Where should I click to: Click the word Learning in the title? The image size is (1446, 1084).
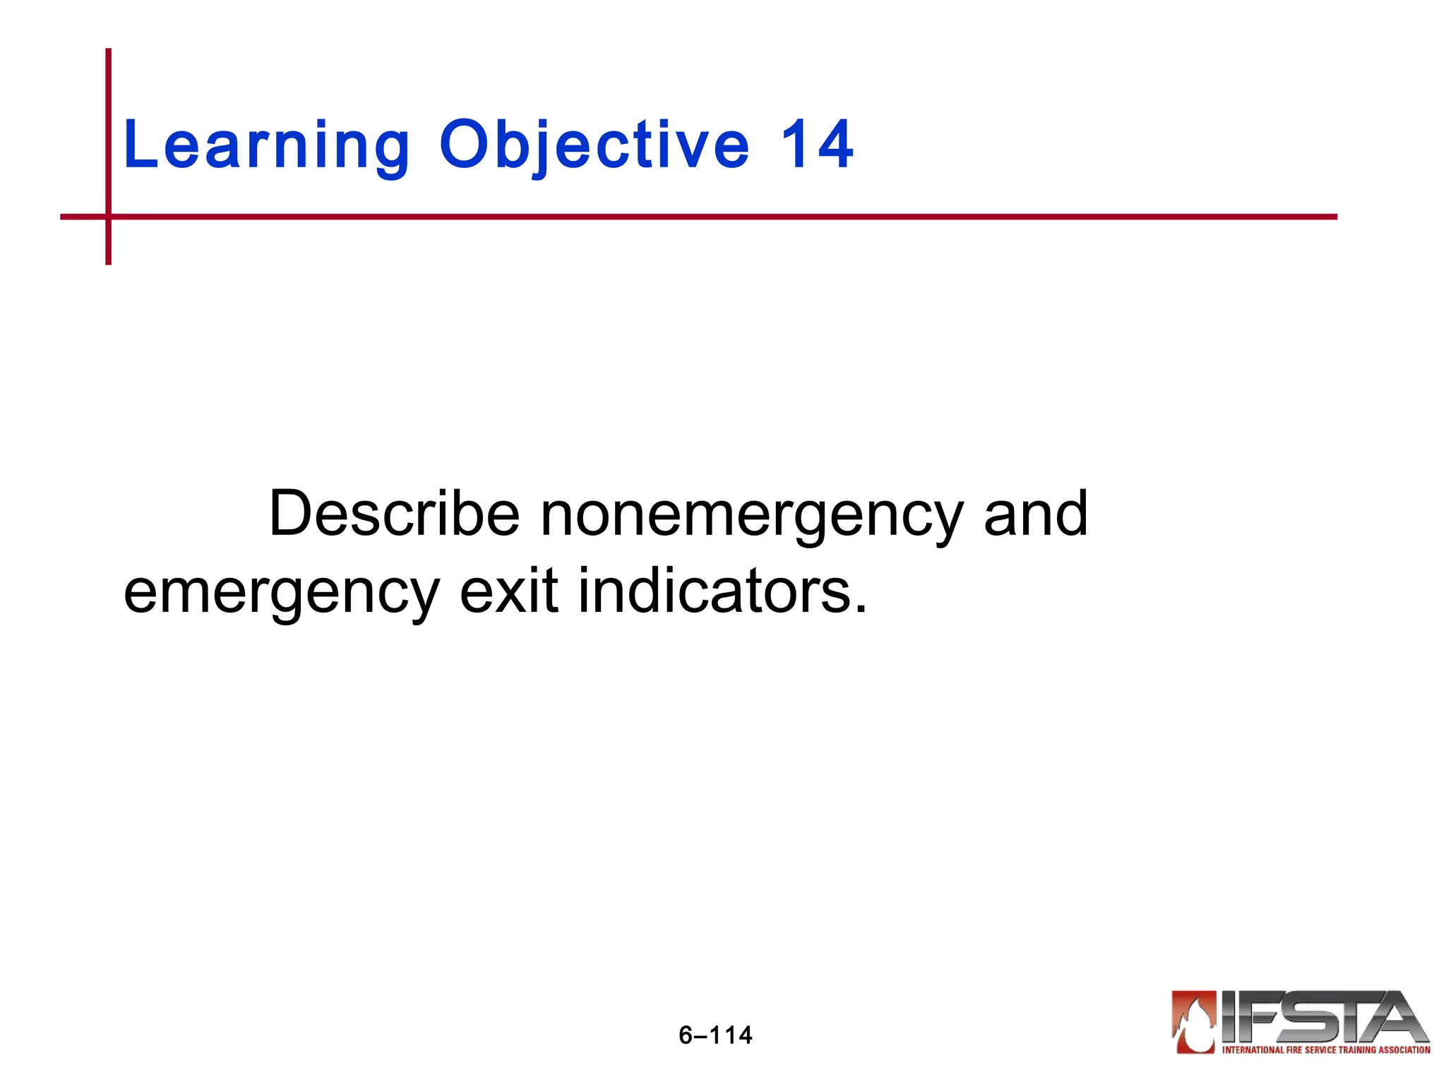[266, 146]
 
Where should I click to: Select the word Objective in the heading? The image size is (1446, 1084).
[594, 146]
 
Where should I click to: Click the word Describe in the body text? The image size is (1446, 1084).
[394, 514]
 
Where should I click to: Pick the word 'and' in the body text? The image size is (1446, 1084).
[1035, 514]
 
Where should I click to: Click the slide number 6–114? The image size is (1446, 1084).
[715, 1035]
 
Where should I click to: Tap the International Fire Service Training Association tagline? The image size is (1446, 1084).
[1326, 1050]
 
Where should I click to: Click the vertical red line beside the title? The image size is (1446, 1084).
[109, 127]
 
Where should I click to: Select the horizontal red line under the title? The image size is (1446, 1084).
[706, 217]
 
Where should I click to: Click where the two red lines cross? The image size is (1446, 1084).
[109, 217]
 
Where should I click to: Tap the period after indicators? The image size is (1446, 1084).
[860, 609]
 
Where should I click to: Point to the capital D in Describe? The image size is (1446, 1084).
[292, 514]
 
